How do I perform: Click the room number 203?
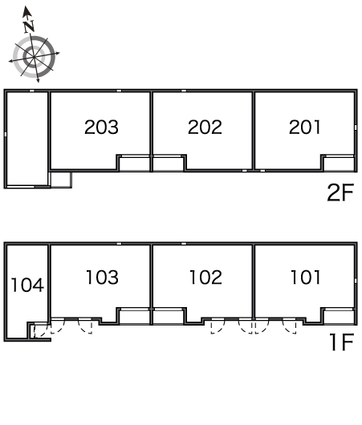click(x=101, y=127)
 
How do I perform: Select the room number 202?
click(x=205, y=127)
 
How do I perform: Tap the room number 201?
click(x=305, y=127)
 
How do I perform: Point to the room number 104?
click(x=27, y=285)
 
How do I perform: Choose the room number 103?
click(x=102, y=277)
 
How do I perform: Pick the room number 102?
click(x=206, y=277)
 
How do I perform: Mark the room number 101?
click(x=306, y=277)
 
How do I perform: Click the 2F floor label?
click(x=340, y=192)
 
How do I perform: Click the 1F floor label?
click(x=342, y=342)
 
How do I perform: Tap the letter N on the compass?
click(x=29, y=26)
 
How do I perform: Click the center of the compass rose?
click(x=34, y=57)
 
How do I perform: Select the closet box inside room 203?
click(x=134, y=164)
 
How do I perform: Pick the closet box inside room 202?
click(x=169, y=164)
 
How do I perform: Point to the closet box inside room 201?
click(x=338, y=164)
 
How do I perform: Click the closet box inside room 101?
click(x=338, y=316)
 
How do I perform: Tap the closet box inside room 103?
click(x=134, y=316)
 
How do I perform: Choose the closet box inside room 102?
click(x=169, y=316)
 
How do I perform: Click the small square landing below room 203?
click(x=61, y=180)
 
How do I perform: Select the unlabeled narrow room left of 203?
click(x=27, y=139)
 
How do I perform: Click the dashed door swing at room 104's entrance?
click(x=40, y=330)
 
